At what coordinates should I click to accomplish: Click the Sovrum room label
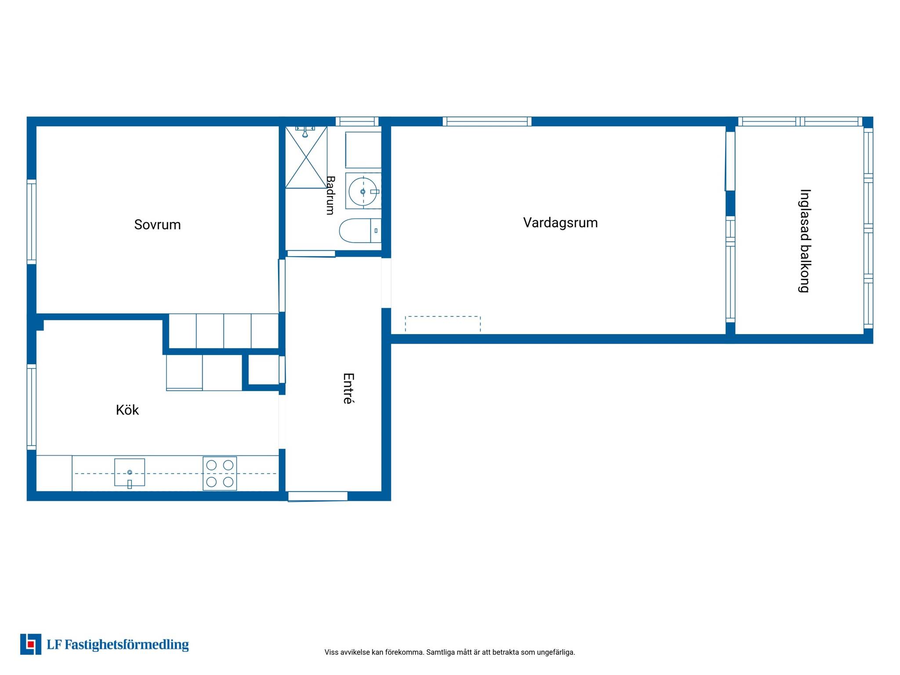pos(157,225)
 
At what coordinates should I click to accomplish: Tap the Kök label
pos(127,410)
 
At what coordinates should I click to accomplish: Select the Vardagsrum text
pos(560,223)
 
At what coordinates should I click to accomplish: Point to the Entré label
pos(348,388)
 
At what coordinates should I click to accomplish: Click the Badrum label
pos(330,195)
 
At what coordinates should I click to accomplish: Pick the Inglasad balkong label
pos(805,241)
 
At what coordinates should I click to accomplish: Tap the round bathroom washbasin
pos(363,192)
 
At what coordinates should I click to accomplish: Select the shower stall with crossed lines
pos(306,157)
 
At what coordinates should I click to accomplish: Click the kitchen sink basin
pos(130,472)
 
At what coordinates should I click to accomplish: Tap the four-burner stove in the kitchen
pos(220,473)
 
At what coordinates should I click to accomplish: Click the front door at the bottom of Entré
pos(318,496)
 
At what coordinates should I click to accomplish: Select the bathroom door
pos(311,254)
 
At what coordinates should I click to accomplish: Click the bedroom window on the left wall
pos(32,222)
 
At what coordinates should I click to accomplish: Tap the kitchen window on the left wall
pos(32,407)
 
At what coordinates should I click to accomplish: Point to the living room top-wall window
pos(487,121)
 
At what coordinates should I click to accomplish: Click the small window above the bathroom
pos(357,121)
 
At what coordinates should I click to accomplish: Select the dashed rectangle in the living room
pos(443,324)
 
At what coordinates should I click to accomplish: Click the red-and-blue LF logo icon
pos(31,644)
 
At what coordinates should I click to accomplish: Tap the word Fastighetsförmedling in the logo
pos(127,645)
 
